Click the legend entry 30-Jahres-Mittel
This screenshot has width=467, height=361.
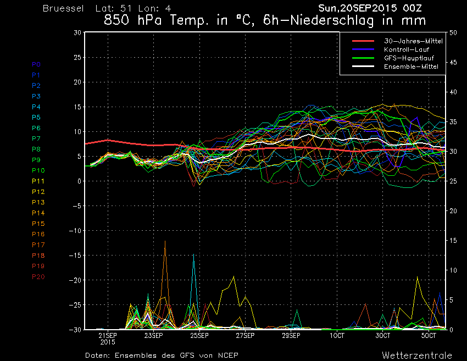click(x=413, y=41)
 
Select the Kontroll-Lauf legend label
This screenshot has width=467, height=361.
click(x=407, y=49)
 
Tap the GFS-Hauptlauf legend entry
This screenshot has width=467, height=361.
click(x=409, y=58)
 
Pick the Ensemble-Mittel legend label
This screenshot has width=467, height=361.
click(x=411, y=66)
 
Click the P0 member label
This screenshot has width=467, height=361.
click(x=36, y=64)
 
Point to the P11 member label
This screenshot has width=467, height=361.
click(x=38, y=181)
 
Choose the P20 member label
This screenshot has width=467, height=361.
click(x=38, y=277)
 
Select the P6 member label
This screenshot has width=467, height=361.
click(x=36, y=128)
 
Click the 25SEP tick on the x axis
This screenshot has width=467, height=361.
click(x=199, y=336)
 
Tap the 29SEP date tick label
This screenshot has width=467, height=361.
click(x=291, y=336)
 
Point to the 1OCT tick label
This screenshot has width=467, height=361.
click(x=337, y=336)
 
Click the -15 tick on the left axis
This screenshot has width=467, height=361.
click(x=75, y=256)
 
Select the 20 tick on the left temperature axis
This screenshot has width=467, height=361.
click(x=77, y=82)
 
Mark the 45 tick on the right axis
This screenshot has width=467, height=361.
click(x=453, y=63)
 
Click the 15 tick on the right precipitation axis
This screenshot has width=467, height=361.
click(x=453, y=241)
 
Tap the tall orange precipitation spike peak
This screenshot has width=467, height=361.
click(x=165, y=241)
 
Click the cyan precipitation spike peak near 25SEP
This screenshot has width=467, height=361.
click(x=193, y=254)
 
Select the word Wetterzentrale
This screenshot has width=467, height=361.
click(x=417, y=356)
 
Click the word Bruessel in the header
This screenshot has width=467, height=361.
click(x=63, y=8)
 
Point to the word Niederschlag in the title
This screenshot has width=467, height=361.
click(x=331, y=20)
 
